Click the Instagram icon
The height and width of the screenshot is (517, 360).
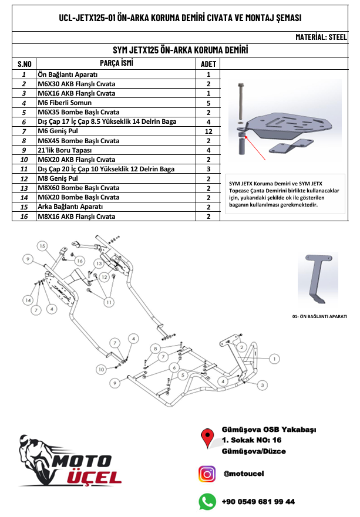207,473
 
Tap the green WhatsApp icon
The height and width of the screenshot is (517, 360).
207,501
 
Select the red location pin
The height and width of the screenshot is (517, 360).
207,438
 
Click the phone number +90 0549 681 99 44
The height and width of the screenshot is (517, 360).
258,502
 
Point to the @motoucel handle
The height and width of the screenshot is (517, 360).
244,474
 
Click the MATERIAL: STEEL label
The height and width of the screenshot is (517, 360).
321,36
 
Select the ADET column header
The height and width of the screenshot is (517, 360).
208,64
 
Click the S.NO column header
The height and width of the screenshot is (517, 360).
23,64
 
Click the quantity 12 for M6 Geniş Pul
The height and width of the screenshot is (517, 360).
208,131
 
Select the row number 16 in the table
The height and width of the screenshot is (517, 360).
23,217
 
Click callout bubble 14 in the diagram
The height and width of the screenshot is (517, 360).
28,300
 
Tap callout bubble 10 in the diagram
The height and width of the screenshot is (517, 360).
101,369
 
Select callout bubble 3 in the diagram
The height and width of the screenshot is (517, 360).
262,384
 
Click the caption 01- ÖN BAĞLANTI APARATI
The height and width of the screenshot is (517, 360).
319,316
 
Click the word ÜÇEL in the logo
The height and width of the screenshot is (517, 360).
94,477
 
